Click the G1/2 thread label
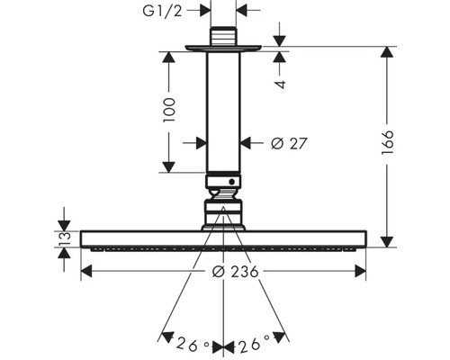coord(162,12)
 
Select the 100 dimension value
coord(169,110)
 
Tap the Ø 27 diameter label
coord(289,143)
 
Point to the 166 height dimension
coord(387,142)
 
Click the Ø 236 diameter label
coord(235,272)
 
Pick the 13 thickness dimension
coord(64,238)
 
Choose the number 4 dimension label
coord(280,85)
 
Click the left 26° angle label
coord(193,345)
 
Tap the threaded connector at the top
coord(223,36)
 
